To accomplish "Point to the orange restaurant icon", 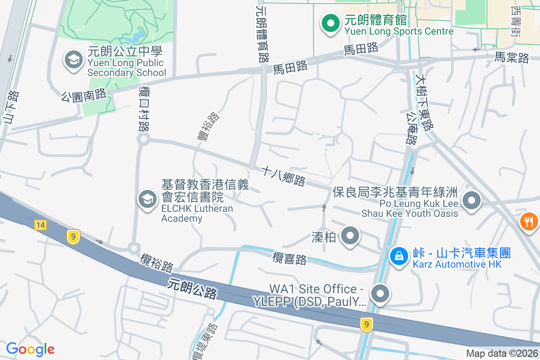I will [529, 221].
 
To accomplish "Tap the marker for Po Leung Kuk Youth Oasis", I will [472, 201].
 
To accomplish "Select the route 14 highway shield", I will [40, 225].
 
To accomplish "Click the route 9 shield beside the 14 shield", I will [73, 236].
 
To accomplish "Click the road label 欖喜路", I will [290, 259].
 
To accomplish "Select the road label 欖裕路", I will [156, 262].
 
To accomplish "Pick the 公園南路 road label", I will [84, 95].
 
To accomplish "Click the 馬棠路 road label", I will [512, 58].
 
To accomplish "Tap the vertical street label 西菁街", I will [516, 20].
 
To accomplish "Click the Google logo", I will [30, 349].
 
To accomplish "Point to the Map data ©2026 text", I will [501, 354].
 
